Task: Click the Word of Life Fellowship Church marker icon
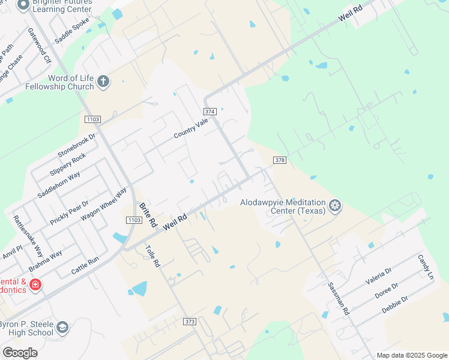(x=103, y=82)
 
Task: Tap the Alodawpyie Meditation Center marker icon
(x=334, y=206)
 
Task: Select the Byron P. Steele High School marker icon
(x=62, y=328)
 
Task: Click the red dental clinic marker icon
(x=35, y=284)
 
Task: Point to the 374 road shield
(x=209, y=112)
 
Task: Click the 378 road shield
(x=279, y=160)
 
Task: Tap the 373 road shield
(x=190, y=322)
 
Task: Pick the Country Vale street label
(x=191, y=128)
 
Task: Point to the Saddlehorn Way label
(x=59, y=185)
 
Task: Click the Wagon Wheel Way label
(x=104, y=203)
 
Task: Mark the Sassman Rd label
(x=338, y=299)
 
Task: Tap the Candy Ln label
(x=426, y=267)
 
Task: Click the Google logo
(x=20, y=353)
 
